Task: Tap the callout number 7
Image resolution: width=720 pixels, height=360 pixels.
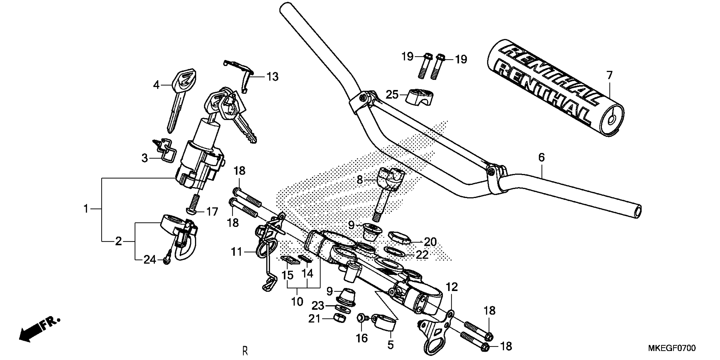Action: pos(609,75)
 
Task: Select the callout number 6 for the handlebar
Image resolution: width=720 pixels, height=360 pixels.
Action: pos(541,158)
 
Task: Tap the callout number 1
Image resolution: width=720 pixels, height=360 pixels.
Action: pos(86,209)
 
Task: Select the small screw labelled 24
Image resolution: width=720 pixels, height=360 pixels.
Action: pos(167,260)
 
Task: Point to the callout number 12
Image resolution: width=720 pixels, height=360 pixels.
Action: pos(452,287)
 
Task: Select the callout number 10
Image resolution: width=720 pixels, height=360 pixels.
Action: pos(297,302)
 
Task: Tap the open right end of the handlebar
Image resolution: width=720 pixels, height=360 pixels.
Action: pos(636,211)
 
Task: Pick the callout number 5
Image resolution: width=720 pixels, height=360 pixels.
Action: pos(390,345)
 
